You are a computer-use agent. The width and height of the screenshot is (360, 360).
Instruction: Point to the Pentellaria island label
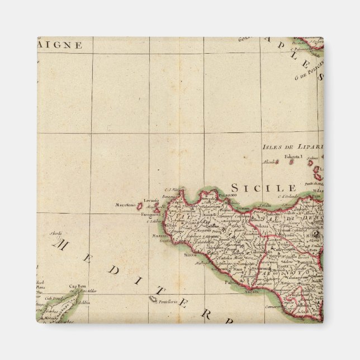coord(168,302)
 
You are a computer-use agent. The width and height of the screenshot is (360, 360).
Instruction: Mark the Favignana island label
coord(150,214)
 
